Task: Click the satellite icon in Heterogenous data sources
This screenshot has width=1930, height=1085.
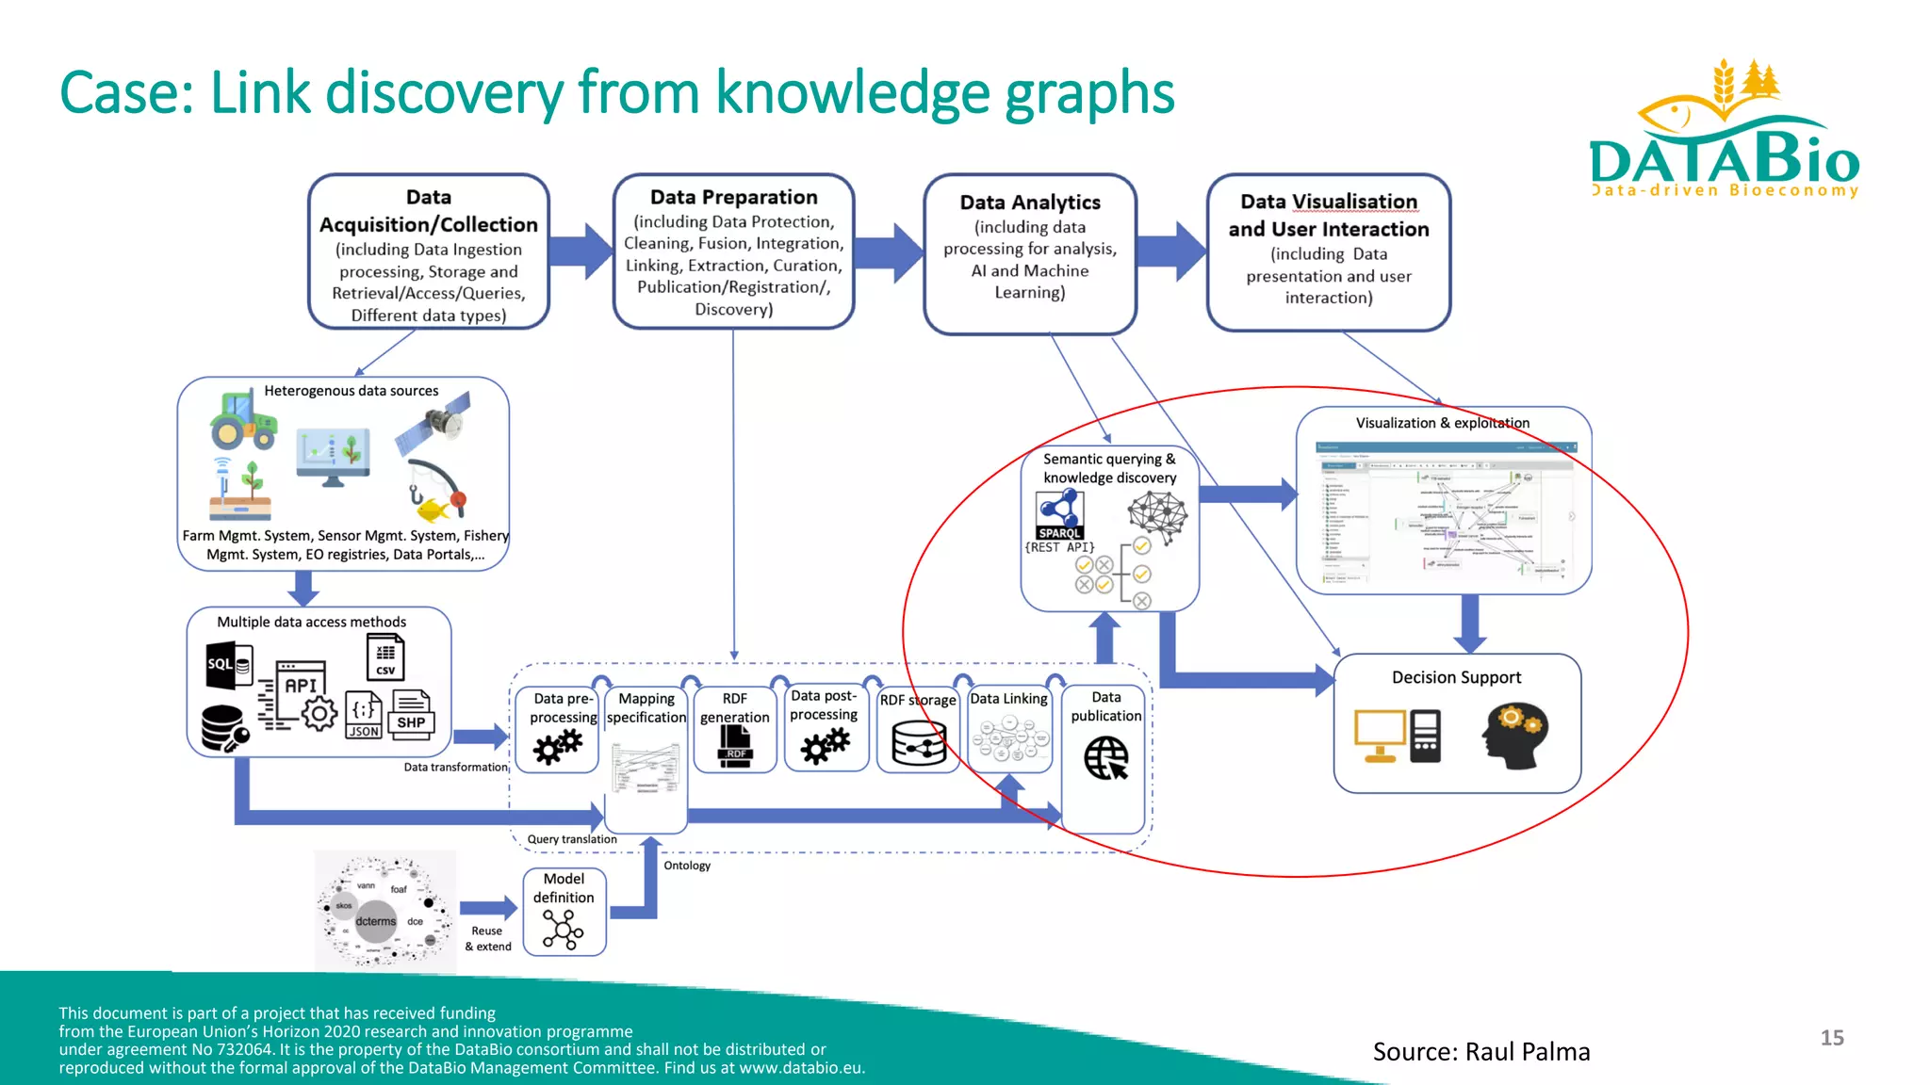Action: [x=434, y=424]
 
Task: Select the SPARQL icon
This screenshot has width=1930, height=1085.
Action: [x=1060, y=515]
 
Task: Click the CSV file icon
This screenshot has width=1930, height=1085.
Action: [x=385, y=656]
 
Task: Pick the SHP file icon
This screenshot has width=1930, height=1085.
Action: [x=412, y=714]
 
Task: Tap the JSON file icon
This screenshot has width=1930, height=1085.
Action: [x=364, y=717]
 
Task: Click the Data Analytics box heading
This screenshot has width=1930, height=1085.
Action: [x=1029, y=202]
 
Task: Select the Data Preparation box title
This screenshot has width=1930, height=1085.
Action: [x=733, y=197]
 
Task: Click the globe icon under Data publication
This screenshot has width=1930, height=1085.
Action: [x=1105, y=757]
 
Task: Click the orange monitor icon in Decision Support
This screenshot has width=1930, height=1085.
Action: [x=1380, y=736]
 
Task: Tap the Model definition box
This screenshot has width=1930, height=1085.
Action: [x=564, y=912]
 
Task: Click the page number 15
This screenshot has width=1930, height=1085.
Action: [x=1831, y=1037]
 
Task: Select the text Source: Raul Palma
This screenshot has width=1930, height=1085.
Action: [x=1480, y=1051]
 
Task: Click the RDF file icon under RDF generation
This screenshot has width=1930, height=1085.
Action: [x=735, y=749]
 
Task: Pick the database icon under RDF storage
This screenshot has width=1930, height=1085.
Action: [x=918, y=744]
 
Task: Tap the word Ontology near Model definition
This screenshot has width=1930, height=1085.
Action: [x=687, y=866]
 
